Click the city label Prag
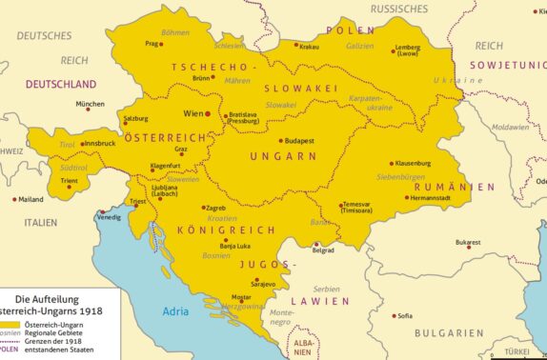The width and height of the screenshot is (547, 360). pyautogui.click(x=151, y=43)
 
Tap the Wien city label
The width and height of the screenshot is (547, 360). pyautogui.click(x=193, y=113)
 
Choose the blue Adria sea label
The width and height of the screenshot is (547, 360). pyautogui.click(x=176, y=310)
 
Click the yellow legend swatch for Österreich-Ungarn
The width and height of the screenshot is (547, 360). pyautogui.click(x=10, y=326)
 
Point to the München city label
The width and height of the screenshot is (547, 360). pyautogui.click(x=90, y=104)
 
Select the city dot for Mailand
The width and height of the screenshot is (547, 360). pyautogui.click(x=14, y=199)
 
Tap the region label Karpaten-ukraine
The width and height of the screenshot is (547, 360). pyautogui.click(x=372, y=102)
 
